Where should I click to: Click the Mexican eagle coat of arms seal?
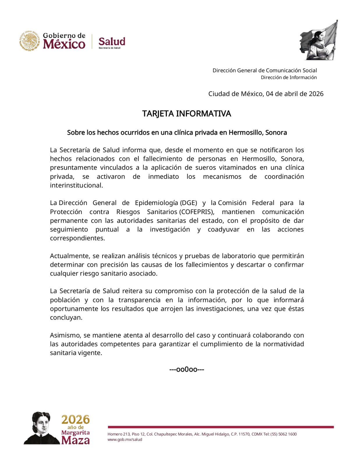click(x=30, y=40)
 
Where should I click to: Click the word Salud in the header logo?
click(x=112, y=41)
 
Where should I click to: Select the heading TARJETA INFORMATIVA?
click(x=186, y=114)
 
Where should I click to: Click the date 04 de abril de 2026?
click(x=295, y=94)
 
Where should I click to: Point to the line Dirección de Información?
click(x=289, y=77)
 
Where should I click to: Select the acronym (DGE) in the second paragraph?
click(x=188, y=203)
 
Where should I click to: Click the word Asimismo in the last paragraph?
click(x=65, y=335)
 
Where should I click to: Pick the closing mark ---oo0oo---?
click(x=187, y=370)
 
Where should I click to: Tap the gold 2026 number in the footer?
click(x=75, y=420)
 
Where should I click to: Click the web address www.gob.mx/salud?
click(x=125, y=440)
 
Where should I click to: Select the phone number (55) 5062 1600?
click(x=283, y=434)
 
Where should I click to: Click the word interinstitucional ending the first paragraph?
click(x=76, y=185)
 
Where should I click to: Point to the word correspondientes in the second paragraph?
click(x=77, y=238)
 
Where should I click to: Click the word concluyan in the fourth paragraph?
click(x=66, y=317)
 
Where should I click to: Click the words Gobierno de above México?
click(x=64, y=36)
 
